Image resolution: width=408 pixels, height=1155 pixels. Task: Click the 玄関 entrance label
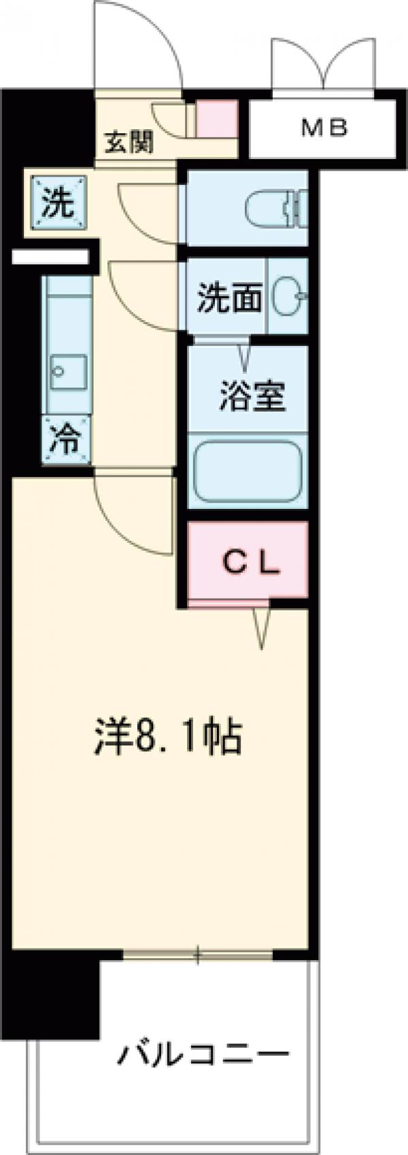(x=129, y=143)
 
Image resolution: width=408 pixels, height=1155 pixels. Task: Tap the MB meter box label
(x=324, y=127)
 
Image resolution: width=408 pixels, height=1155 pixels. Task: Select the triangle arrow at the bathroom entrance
(x=243, y=353)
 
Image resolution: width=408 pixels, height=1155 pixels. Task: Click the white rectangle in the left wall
(x=50, y=257)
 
